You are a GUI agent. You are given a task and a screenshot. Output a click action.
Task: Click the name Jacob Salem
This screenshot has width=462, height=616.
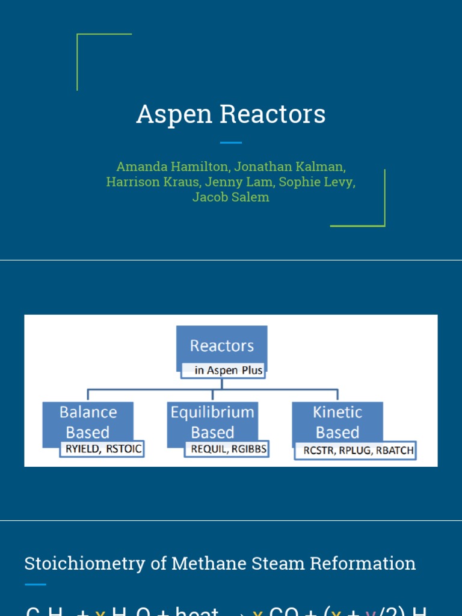pyautogui.click(x=231, y=197)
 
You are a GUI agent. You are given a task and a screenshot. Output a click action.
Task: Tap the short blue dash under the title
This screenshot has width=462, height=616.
pyautogui.click(x=231, y=143)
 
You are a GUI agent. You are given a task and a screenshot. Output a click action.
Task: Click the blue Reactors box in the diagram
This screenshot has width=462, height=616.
pyautogui.click(x=221, y=346)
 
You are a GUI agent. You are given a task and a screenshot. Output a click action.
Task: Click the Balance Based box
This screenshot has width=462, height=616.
pyautogui.click(x=88, y=422)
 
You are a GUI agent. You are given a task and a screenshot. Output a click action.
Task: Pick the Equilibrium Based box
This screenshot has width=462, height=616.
pyautogui.click(x=212, y=422)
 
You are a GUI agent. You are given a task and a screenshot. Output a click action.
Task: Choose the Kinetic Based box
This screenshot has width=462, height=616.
pyautogui.click(x=337, y=422)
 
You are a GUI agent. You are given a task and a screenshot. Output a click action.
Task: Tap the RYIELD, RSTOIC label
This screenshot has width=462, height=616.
pyautogui.click(x=102, y=449)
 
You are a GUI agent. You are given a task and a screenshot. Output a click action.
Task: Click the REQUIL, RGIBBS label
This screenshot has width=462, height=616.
pyautogui.click(x=229, y=449)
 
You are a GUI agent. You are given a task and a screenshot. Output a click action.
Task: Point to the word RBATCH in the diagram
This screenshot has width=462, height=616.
pyautogui.click(x=394, y=450)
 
